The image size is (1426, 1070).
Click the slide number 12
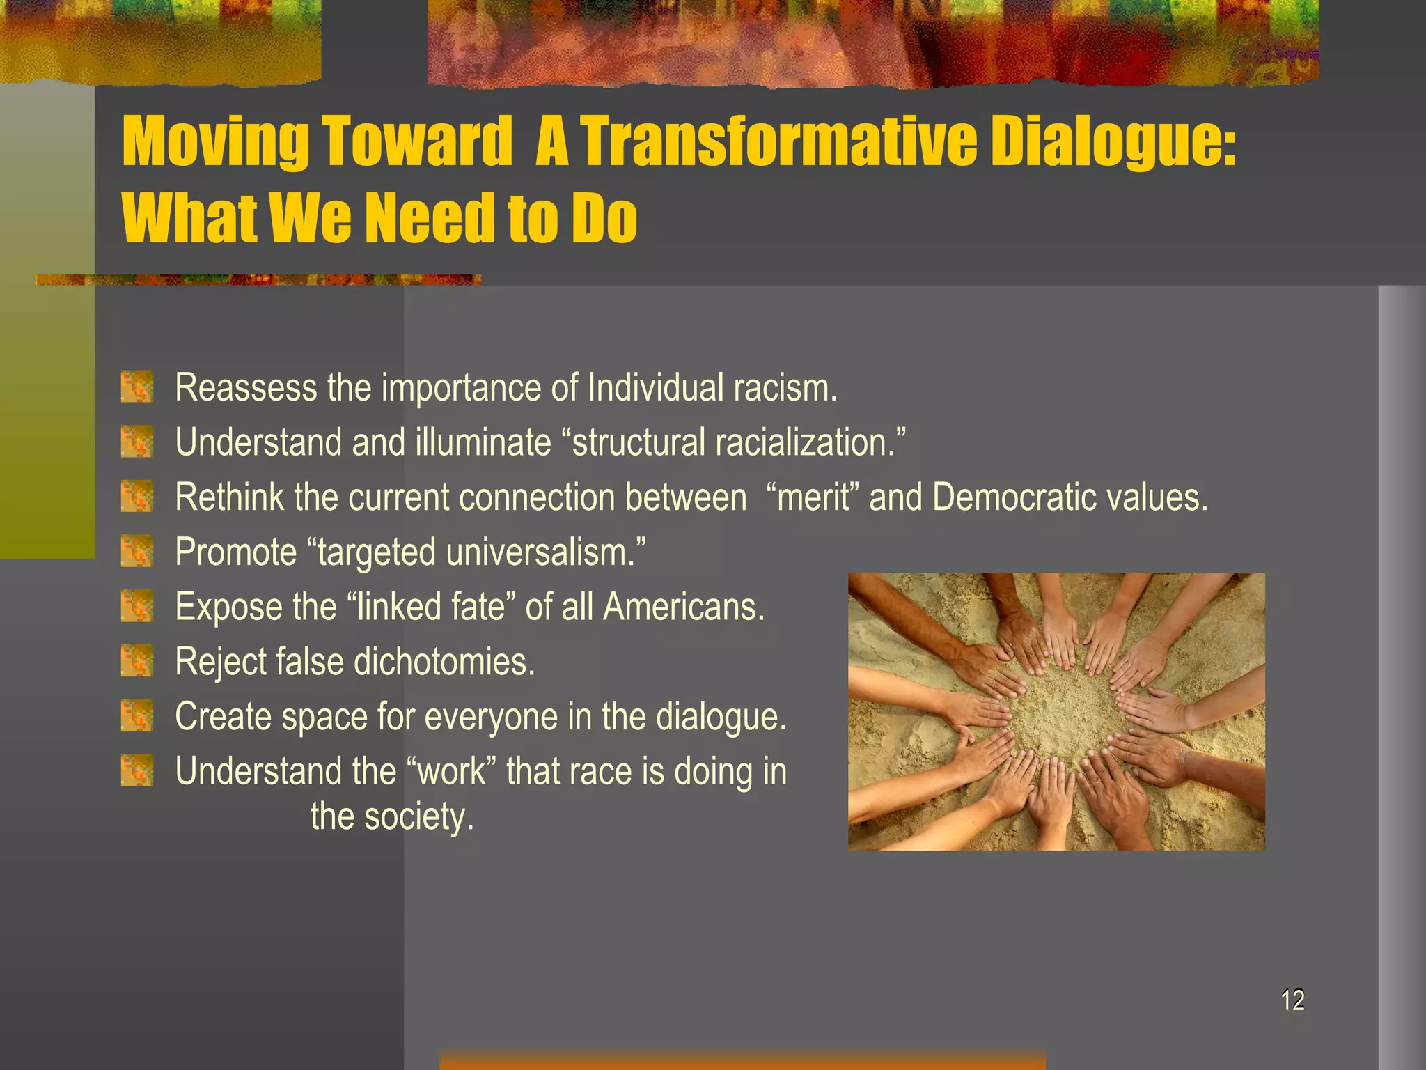pyautogui.click(x=1292, y=1000)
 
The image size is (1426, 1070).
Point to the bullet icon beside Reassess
pyautogui.click(x=136, y=387)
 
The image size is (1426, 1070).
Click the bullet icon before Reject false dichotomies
pyautogui.click(x=136, y=661)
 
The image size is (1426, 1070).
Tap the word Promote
pyautogui.click(x=236, y=552)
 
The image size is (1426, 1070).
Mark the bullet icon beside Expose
pyautogui.click(x=136, y=607)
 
